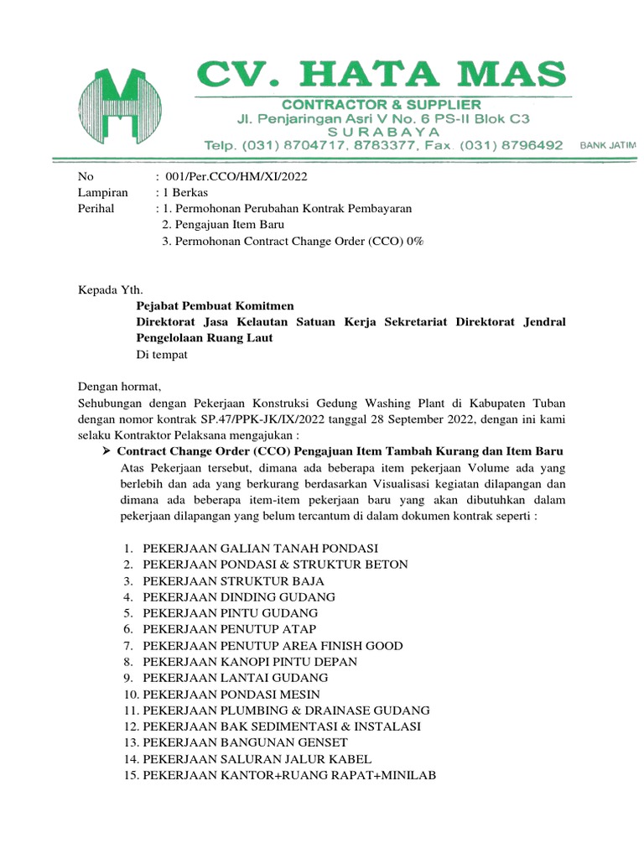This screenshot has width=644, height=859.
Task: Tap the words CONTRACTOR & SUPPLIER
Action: coord(381,104)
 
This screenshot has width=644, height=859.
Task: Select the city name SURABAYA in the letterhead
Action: coord(382,132)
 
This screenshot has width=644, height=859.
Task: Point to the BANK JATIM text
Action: coord(608,145)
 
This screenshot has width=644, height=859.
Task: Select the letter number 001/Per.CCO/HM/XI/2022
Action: coord(237,177)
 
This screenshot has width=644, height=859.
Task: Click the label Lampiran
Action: coord(102,192)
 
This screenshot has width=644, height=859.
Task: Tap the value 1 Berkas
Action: coord(188,192)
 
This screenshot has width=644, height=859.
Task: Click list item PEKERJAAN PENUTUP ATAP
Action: coord(230,629)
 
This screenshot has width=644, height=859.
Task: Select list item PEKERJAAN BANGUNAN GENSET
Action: coord(245,742)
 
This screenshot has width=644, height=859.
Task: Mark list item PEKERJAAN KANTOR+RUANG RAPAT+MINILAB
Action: coord(289,775)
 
